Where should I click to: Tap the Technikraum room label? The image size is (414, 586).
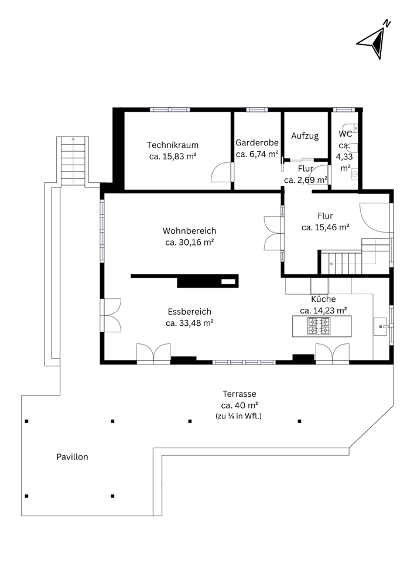click(173, 145)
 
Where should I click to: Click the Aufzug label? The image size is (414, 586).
click(305, 136)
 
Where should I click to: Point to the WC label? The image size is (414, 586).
click(345, 134)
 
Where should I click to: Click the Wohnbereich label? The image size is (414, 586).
click(189, 231)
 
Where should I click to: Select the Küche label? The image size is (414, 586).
click(323, 299)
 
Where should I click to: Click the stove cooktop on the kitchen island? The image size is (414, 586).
click(319, 326)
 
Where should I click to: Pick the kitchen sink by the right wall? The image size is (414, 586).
click(381, 327)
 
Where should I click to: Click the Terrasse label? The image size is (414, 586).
click(239, 394)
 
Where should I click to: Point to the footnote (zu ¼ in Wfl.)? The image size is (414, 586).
click(238, 416)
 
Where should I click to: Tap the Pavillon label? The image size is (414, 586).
click(73, 456)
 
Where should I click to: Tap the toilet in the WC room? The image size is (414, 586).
click(353, 127)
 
